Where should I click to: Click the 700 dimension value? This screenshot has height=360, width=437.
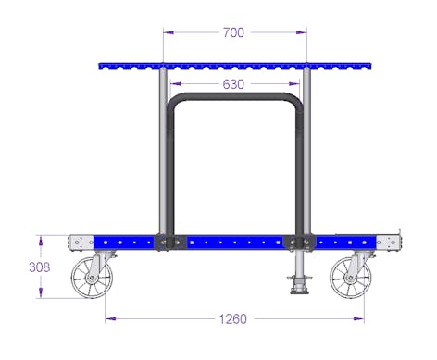[x=233, y=32]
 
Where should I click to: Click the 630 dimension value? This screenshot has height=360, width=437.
[x=233, y=84]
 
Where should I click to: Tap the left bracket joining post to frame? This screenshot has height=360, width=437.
[x=169, y=242]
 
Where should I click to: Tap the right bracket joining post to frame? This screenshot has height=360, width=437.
[x=300, y=242]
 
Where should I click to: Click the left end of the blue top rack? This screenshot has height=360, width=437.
[x=102, y=67]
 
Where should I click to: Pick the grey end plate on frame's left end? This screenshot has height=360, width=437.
[x=81, y=242]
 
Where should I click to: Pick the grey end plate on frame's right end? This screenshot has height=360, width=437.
[x=389, y=242]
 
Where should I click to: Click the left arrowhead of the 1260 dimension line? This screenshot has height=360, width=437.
[x=108, y=319]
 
